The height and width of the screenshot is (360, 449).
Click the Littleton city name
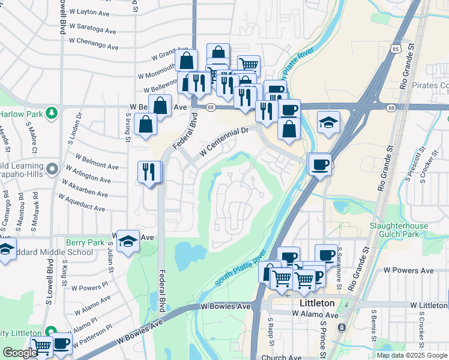tap(316, 304)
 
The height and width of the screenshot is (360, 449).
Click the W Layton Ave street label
tap(89, 12)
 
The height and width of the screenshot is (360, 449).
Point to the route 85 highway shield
tap(394, 47)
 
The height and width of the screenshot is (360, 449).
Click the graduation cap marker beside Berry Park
tap(128, 241)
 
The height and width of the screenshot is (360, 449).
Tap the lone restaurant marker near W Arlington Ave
tap(149, 172)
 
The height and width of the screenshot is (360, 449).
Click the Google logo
tap(19, 353)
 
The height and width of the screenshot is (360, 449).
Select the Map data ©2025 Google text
tap(412, 355)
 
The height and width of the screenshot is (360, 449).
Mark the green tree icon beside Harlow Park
tap(52, 112)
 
